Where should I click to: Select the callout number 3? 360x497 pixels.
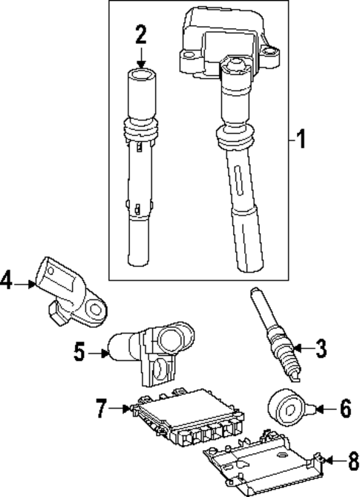pyautogui.click(x=320, y=347)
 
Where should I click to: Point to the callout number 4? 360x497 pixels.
pyautogui.click(x=8, y=282)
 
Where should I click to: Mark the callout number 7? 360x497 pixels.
pyautogui.click(x=102, y=406)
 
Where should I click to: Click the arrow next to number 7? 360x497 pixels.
pyautogui.click(x=119, y=406)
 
